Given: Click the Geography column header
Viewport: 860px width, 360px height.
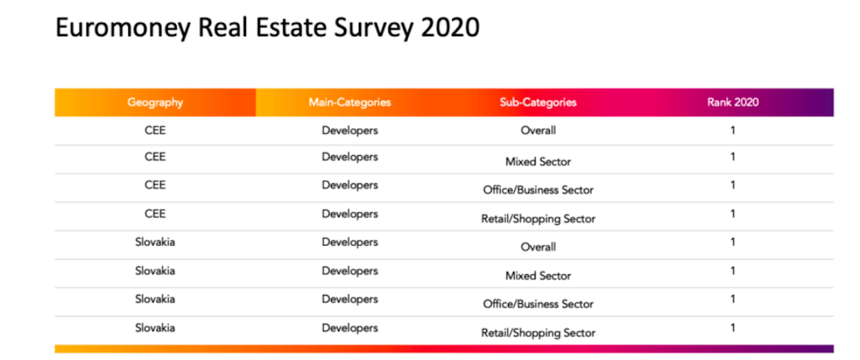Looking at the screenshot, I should (x=155, y=103).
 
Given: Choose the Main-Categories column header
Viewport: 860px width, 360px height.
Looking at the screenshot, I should (x=349, y=103).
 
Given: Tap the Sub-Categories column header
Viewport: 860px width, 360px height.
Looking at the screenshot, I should (x=538, y=103).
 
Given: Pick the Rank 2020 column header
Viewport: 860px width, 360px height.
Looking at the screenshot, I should (x=732, y=103).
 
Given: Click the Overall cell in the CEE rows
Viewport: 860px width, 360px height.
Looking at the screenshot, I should (x=538, y=131).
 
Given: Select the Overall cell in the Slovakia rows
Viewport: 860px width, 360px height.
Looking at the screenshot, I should (x=538, y=247).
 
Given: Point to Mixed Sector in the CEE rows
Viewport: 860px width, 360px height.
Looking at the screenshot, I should (x=538, y=162).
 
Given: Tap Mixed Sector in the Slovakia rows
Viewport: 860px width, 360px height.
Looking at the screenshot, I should (x=538, y=276).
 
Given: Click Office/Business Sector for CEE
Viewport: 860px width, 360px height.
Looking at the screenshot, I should (x=538, y=190).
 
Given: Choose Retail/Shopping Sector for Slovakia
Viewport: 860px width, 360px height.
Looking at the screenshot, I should (x=538, y=332).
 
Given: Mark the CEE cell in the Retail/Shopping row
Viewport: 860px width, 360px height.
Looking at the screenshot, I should (x=155, y=214).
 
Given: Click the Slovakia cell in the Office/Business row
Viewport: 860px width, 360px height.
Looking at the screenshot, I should (x=155, y=299).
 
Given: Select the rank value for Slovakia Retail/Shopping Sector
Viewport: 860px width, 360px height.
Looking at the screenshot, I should (x=732, y=328).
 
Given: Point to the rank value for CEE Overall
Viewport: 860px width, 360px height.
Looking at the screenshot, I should (x=732, y=131).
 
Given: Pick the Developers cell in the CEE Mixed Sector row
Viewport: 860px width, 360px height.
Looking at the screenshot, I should (x=349, y=157).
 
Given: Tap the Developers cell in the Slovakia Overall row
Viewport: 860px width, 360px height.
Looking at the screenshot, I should (x=349, y=242).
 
